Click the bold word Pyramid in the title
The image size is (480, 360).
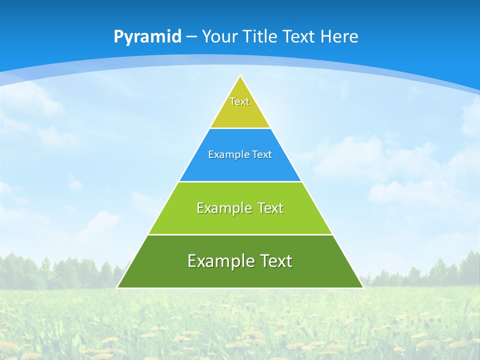pyautogui.click(x=147, y=37)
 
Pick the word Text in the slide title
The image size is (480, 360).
pyautogui.click(x=299, y=36)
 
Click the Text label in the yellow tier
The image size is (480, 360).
pyautogui.click(x=239, y=101)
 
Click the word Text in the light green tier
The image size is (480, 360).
pyautogui.click(x=270, y=208)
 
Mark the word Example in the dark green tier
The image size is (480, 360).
pyautogui.click(x=219, y=261)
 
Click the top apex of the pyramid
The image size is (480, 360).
pyautogui.click(x=240, y=76)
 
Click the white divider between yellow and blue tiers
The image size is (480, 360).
pyautogui.click(x=240, y=128)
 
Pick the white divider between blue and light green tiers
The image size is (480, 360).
pyautogui.click(x=240, y=181)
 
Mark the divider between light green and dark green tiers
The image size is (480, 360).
pyautogui.click(x=240, y=234)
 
